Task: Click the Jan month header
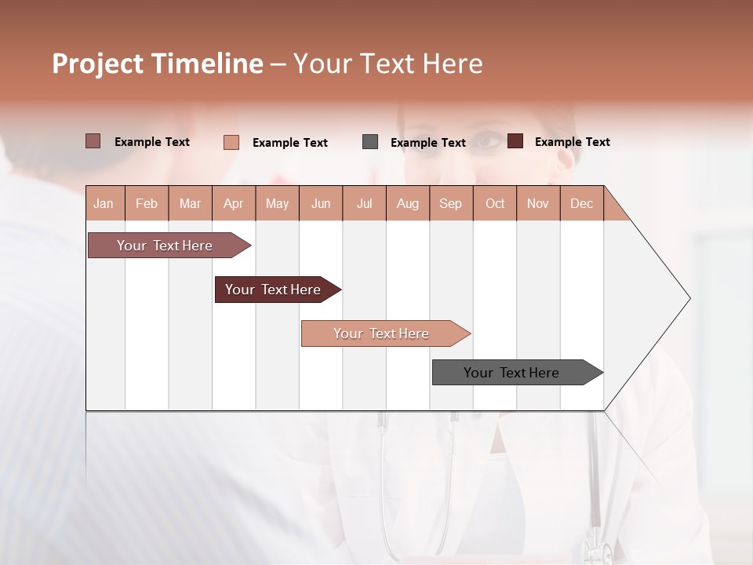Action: pyautogui.click(x=104, y=203)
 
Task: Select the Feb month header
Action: pyautogui.click(x=147, y=203)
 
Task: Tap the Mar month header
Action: pyautogui.click(x=190, y=203)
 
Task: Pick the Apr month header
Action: pyautogui.click(x=234, y=203)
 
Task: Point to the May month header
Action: pyautogui.click(x=277, y=203)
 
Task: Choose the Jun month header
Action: pyautogui.click(x=321, y=203)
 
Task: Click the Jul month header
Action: pyautogui.click(x=364, y=203)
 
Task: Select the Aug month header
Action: pyautogui.click(x=408, y=203)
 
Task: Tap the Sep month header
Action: pyautogui.click(x=451, y=203)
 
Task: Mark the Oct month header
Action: pyautogui.click(x=495, y=203)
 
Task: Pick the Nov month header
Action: pyautogui.click(x=538, y=203)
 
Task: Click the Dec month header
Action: pyautogui.click(x=581, y=203)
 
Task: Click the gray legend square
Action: pyautogui.click(x=370, y=142)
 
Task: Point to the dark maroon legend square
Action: pyautogui.click(x=515, y=141)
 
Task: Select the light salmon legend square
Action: pyautogui.click(x=231, y=142)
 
